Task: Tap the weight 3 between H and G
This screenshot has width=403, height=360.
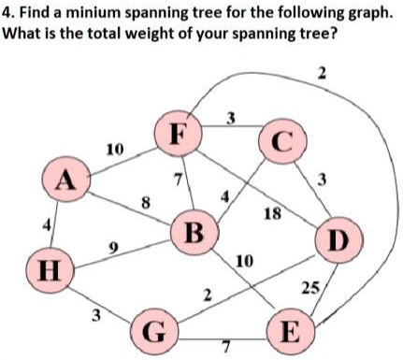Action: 93,314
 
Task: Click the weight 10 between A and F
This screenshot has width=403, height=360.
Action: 115,149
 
